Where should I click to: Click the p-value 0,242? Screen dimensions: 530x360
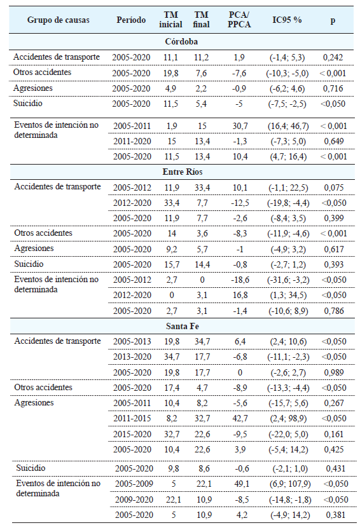(333, 57)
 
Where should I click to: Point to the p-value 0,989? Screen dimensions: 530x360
(333, 372)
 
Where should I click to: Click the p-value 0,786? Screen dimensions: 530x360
(333, 310)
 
